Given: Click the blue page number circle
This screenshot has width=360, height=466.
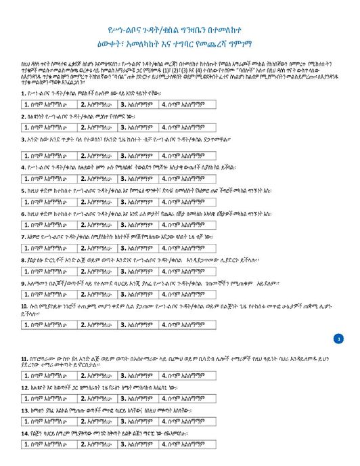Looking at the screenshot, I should pyautogui.click(x=339, y=338).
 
